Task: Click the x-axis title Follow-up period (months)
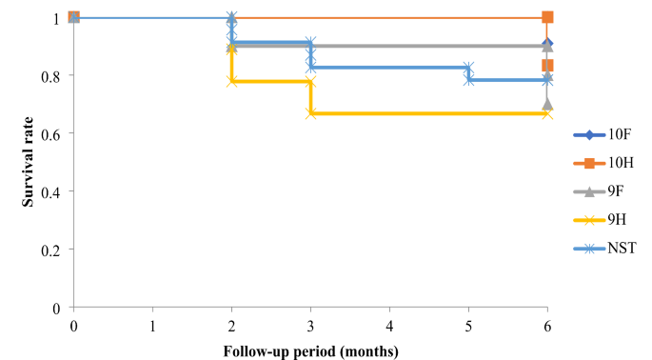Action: click(310, 350)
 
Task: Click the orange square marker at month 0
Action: click(73, 17)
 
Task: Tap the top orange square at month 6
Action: click(547, 17)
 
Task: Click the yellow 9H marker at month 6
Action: click(547, 113)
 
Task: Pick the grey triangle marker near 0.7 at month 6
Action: click(547, 104)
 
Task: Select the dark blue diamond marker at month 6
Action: click(547, 45)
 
